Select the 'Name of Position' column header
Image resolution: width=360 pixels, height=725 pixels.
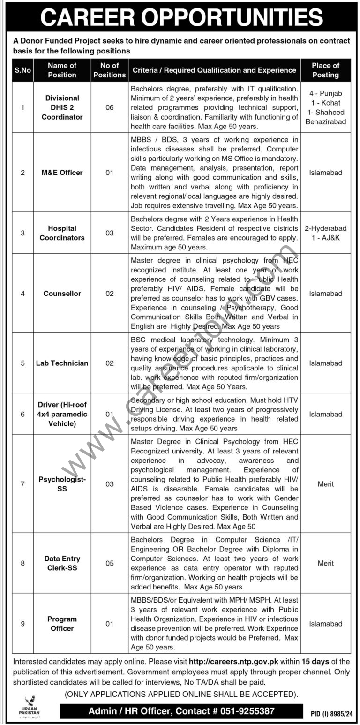pyautogui.click(x=62, y=70)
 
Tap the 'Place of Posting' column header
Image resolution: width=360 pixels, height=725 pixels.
pyautogui.click(x=325, y=70)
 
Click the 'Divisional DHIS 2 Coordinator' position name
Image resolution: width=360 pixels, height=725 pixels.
pyautogui.click(x=62, y=108)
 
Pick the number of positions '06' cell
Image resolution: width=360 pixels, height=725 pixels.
pyautogui.click(x=109, y=108)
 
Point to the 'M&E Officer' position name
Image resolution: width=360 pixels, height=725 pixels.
pyautogui.click(x=62, y=173)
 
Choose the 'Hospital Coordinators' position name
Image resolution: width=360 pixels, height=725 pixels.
pyautogui.click(x=62, y=233)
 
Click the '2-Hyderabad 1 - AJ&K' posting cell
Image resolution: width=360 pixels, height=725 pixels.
pyautogui.click(x=325, y=233)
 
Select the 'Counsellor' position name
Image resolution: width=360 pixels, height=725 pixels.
pyautogui.click(x=62, y=294)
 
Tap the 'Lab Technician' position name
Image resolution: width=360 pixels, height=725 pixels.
pyautogui.click(x=62, y=363)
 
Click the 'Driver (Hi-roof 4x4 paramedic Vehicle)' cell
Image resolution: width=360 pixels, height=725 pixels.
pyautogui.click(x=62, y=414)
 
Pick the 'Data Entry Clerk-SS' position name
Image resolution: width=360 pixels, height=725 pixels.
pyautogui.click(x=62, y=563)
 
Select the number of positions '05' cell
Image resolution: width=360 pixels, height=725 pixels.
pyautogui.click(x=109, y=563)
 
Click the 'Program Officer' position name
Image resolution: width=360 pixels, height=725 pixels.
pyautogui.click(x=62, y=624)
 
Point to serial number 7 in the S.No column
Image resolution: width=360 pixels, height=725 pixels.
pyautogui.click(x=22, y=484)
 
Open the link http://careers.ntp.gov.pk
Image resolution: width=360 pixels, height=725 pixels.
pyautogui.click(x=233, y=662)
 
